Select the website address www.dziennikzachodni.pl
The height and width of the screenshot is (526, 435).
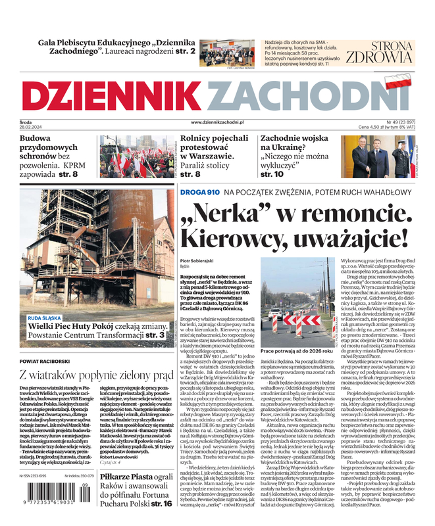coord(218,122)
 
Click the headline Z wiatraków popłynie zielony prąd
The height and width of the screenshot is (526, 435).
coord(95,375)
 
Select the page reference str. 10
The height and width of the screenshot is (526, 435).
coord(272,174)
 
